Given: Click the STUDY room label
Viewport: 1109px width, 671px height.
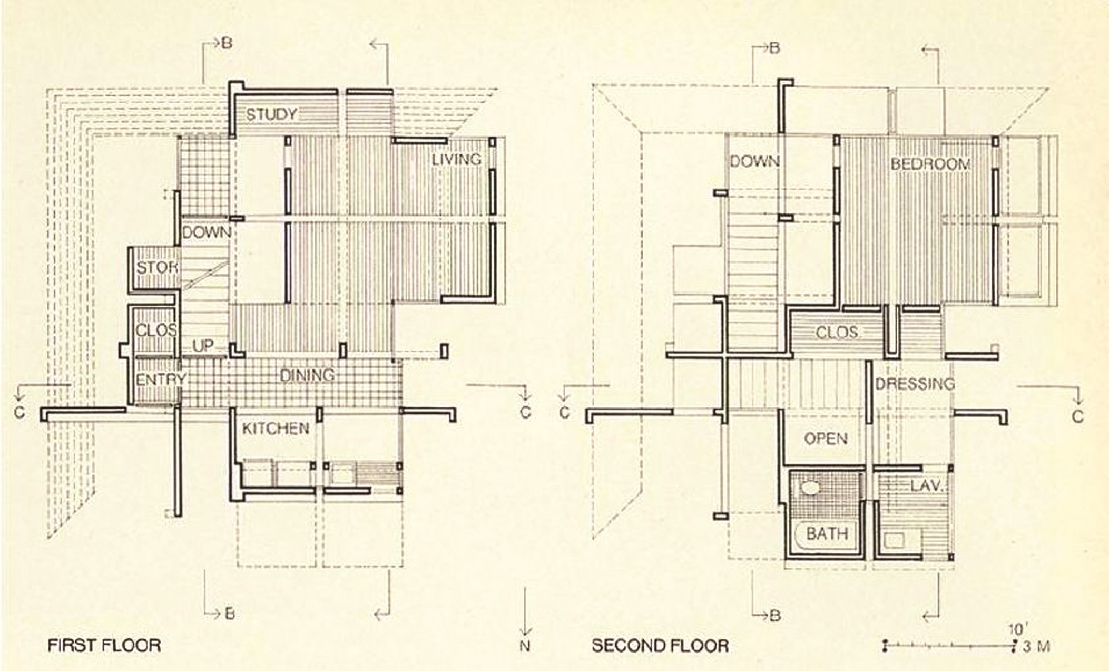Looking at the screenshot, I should tap(271, 114).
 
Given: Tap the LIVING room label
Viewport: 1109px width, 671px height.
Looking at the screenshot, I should tap(456, 159).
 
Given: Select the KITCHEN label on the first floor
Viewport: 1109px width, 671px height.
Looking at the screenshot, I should tap(276, 429).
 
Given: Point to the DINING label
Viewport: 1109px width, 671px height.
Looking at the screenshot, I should tap(307, 375).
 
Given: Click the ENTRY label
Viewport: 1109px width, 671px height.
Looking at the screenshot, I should tap(160, 380).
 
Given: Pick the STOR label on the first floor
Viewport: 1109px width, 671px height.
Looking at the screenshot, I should tap(156, 268).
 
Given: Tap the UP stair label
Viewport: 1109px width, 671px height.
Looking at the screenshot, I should tap(203, 346).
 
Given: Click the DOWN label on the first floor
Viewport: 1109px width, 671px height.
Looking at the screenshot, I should tap(206, 232).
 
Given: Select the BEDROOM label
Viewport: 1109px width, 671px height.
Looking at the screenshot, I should tap(930, 164).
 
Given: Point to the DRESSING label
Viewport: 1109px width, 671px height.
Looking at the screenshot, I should tap(915, 384).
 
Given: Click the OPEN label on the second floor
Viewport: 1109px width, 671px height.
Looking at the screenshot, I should tap(826, 439).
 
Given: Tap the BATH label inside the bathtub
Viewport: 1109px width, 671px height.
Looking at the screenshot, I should tap(827, 534).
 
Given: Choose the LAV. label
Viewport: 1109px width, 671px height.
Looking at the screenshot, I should tap(926, 485).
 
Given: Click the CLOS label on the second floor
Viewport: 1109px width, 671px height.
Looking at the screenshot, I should tap(837, 333).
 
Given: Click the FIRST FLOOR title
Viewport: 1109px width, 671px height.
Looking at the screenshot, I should tap(104, 646).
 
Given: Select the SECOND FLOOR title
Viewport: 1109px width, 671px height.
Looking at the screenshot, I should tap(660, 646).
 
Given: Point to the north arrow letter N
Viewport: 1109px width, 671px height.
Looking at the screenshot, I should tap(525, 646).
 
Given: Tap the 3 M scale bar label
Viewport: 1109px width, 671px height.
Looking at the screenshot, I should tap(1036, 646).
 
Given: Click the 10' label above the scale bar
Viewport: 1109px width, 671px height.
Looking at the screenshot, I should tap(1016, 629).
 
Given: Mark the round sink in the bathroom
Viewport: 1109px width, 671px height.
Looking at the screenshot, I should tap(809, 487).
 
